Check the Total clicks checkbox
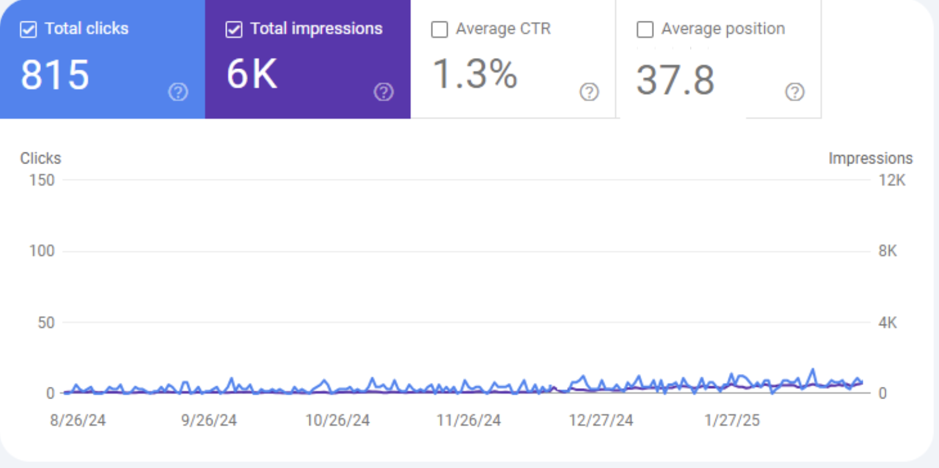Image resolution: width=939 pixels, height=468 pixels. (28, 30)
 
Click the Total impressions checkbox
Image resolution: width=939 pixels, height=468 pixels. (234, 30)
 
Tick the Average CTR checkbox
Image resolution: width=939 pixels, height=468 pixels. (439, 30)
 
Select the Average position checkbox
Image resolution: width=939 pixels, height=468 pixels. (645, 30)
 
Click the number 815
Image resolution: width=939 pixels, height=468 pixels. (55, 76)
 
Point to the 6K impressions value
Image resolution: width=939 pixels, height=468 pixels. (252, 76)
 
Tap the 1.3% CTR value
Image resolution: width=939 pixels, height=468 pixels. (475, 74)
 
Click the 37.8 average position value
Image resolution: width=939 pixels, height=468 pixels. (675, 81)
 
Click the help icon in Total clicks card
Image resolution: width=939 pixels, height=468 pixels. (178, 92)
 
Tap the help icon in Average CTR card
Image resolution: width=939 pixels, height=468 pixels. (589, 92)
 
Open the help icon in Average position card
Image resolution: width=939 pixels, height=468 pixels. (794, 92)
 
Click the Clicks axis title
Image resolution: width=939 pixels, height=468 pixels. (41, 159)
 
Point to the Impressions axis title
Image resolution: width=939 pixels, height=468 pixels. (870, 159)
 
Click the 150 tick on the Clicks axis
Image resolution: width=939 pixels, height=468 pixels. (42, 180)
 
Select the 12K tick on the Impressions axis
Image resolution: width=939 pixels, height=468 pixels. (892, 180)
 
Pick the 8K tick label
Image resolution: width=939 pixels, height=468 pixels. (888, 251)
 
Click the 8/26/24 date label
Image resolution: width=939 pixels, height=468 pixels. (78, 421)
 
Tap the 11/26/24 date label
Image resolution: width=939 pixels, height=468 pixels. (468, 421)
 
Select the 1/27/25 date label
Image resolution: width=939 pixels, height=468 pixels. (731, 421)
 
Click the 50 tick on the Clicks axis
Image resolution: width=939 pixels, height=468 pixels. (46, 323)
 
